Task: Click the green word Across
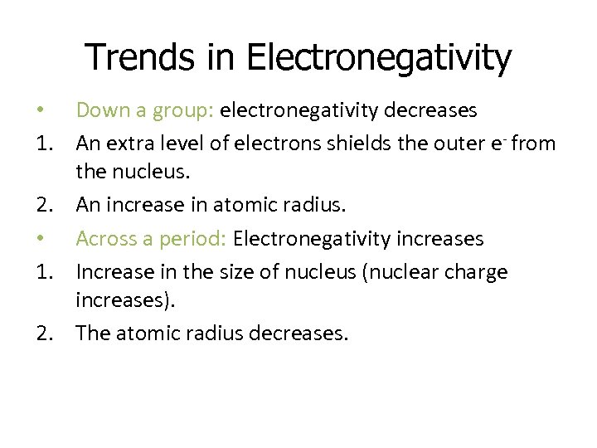pyautogui.click(x=101, y=239)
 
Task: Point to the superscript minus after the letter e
pyautogui.click(x=505, y=134)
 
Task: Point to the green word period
pyautogui.click(x=200, y=240)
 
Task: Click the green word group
pyautogui.click(x=194, y=110)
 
